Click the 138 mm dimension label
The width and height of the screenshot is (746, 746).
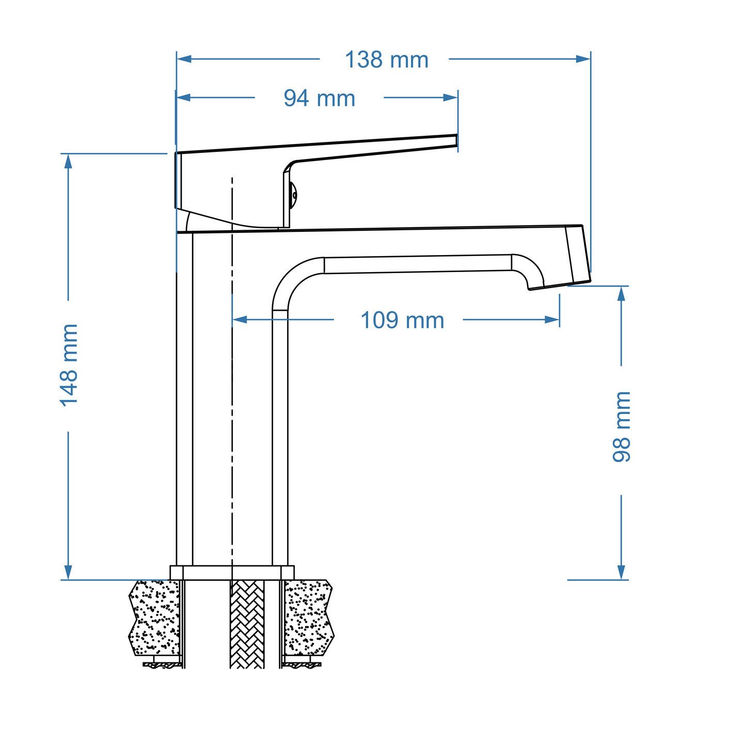point(386,60)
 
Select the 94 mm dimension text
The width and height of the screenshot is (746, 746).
point(319,98)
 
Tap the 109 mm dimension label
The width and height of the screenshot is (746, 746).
point(402,321)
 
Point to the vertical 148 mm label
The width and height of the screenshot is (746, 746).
point(69,366)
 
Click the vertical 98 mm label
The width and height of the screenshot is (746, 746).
point(622,426)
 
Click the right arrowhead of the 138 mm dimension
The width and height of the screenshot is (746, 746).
point(583,59)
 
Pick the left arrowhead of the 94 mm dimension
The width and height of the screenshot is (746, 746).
point(184,97)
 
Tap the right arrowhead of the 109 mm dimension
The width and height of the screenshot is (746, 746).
point(552,320)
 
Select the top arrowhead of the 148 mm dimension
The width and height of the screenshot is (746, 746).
point(68,161)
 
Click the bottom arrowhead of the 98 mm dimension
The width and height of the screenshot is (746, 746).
point(621,572)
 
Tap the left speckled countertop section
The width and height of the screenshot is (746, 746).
point(155,617)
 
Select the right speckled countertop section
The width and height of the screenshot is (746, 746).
point(308,617)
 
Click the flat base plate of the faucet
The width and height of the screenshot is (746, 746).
point(232,573)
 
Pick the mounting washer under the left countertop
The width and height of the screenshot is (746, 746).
point(162,664)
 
